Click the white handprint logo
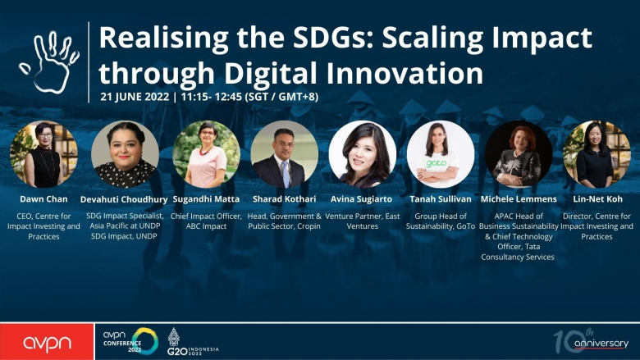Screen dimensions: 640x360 (x=49, y=62)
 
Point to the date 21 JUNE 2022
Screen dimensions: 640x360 (x=135, y=97)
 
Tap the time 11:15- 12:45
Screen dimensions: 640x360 (x=212, y=97)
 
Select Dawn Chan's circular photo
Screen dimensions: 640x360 (x=43, y=154)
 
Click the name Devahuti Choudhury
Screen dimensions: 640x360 (x=124, y=199)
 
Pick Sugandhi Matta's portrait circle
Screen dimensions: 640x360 (x=206, y=154)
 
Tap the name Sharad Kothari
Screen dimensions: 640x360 (x=284, y=199)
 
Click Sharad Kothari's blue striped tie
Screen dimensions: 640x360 (x=286, y=174)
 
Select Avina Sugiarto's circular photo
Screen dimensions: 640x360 (x=363, y=154)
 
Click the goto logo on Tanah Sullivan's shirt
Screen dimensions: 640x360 (x=437, y=163)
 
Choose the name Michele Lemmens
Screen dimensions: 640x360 (x=519, y=199)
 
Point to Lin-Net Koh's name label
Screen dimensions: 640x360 (x=597, y=199)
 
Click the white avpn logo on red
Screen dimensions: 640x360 (x=47, y=344)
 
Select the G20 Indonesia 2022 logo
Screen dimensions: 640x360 (x=192, y=343)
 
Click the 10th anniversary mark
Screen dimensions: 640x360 (x=591, y=340)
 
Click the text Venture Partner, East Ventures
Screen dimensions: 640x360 (x=363, y=221)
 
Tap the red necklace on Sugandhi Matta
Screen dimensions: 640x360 (x=206, y=151)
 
